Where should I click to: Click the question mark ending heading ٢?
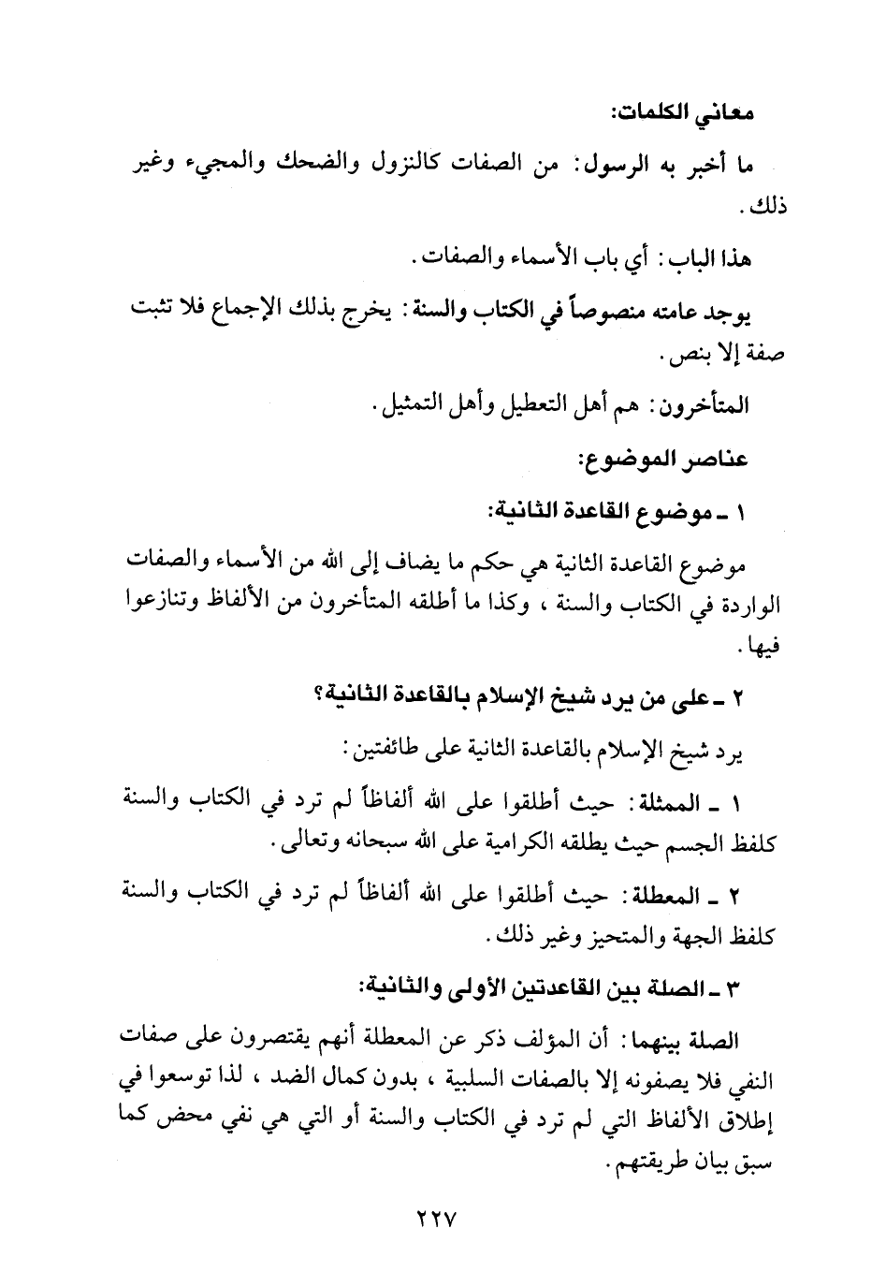coord(320,696)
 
